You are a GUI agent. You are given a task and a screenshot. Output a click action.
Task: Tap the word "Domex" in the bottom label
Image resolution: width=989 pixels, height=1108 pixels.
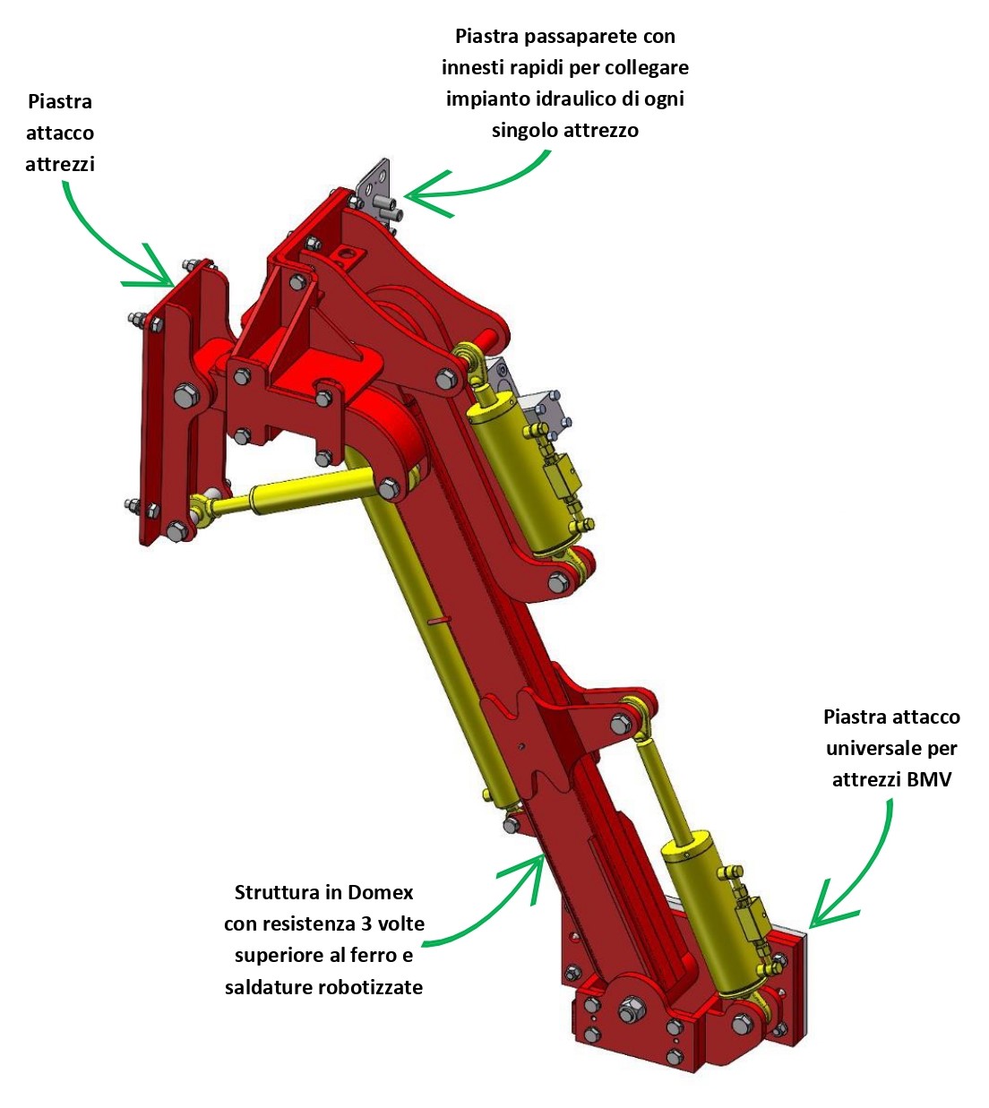[x=380, y=892]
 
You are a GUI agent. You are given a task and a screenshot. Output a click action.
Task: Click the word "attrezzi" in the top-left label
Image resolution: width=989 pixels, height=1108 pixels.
[x=60, y=164]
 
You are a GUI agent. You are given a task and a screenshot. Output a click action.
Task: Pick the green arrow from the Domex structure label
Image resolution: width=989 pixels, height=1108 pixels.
[x=493, y=905]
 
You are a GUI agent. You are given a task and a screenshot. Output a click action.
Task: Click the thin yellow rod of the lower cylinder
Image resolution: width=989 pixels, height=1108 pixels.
[x=663, y=788]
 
